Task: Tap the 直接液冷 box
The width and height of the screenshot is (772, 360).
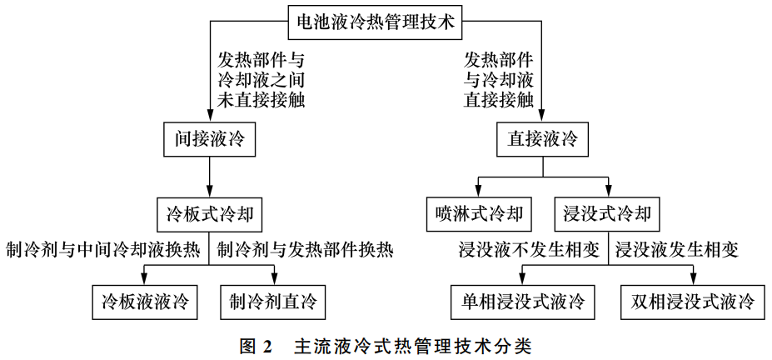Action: [x=542, y=138]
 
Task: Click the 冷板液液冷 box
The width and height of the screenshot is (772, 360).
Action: [x=145, y=300]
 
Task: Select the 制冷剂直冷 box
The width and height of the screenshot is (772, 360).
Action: [x=274, y=300]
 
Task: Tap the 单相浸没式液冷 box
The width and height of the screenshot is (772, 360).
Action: [x=523, y=300]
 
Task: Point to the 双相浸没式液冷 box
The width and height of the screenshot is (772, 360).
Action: [x=692, y=300]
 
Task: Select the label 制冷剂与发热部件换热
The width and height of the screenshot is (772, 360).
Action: [x=305, y=249]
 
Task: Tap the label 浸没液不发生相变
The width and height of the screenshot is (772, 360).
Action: [x=528, y=249]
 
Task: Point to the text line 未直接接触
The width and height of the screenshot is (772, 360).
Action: [x=249, y=101]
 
